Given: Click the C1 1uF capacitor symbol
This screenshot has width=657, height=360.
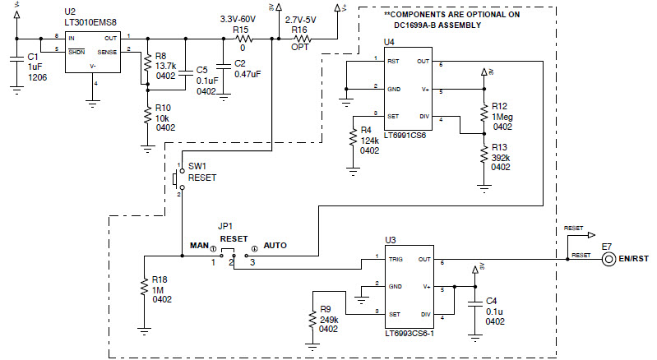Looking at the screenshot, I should click(16, 58).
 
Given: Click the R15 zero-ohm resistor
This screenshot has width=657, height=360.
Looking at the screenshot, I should click(242, 39).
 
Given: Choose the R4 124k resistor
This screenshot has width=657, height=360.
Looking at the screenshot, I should click(353, 140).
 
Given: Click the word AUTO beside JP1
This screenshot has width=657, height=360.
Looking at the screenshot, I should click(275, 245).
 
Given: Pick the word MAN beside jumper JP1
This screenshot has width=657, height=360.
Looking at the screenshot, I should click(199, 245).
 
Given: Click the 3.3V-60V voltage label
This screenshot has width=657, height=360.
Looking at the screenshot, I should click(239, 18).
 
